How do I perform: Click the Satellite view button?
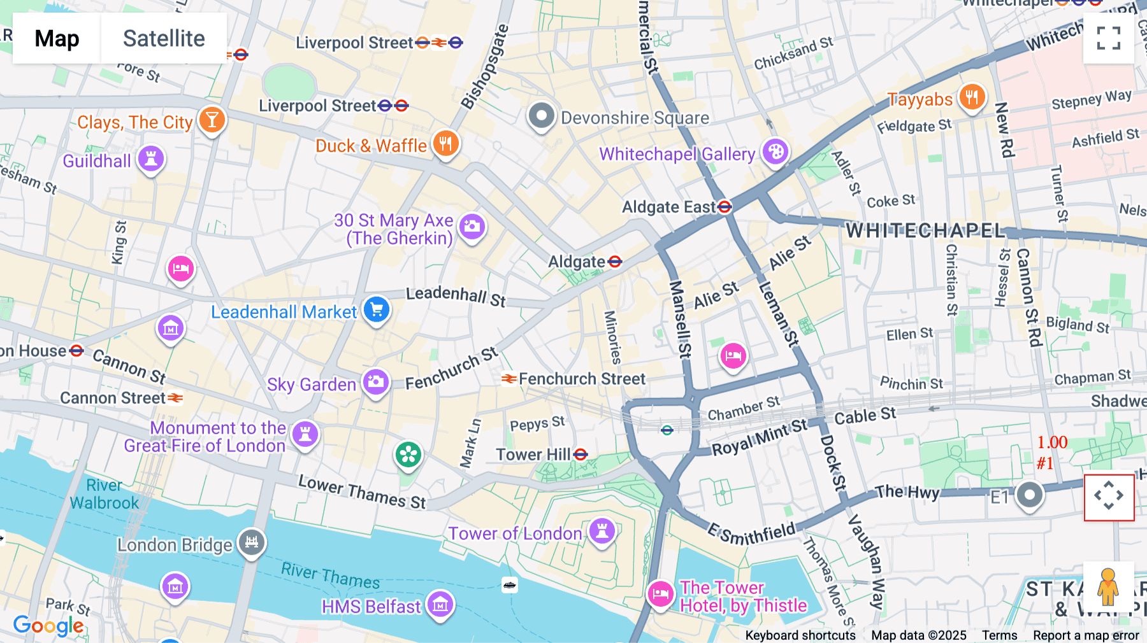tap(164, 38)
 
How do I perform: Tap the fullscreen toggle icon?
tap(1108, 38)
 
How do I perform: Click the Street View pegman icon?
tap(1108, 586)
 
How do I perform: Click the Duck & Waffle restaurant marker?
tap(445, 144)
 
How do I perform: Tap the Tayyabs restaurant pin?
tap(971, 97)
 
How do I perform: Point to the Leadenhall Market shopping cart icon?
tap(377, 310)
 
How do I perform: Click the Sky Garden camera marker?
tap(376, 383)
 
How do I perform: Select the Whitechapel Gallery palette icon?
tap(775, 152)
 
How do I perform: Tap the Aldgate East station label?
tap(669, 207)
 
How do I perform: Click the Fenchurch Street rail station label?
tap(581, 379)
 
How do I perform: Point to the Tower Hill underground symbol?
tap(581, 455)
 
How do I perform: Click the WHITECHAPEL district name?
tap(925, 230)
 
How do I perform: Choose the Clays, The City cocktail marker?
tap(212, 119)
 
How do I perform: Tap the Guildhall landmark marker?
tap(151, 159)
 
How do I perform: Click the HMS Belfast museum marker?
tap(440, 605)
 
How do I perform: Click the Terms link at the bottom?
tap(999, 635)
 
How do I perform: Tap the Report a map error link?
tap(1086, 635)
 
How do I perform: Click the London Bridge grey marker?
tap(252, 542)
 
